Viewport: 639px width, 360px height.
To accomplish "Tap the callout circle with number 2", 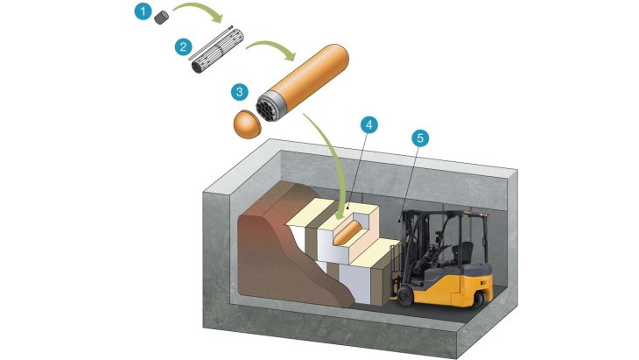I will [x=183, y=47].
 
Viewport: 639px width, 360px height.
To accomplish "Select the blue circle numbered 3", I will [x=238, y=90].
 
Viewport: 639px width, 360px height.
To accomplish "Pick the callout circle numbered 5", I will [x=420, y=138].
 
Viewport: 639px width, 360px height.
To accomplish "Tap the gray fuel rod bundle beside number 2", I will [x=218, y=54].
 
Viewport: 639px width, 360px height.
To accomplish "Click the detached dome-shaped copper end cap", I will [x=246, y=124].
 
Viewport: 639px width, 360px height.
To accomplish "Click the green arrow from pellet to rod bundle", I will [x=201, y=13].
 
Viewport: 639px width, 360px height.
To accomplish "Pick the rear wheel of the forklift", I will [x=477, y=299].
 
